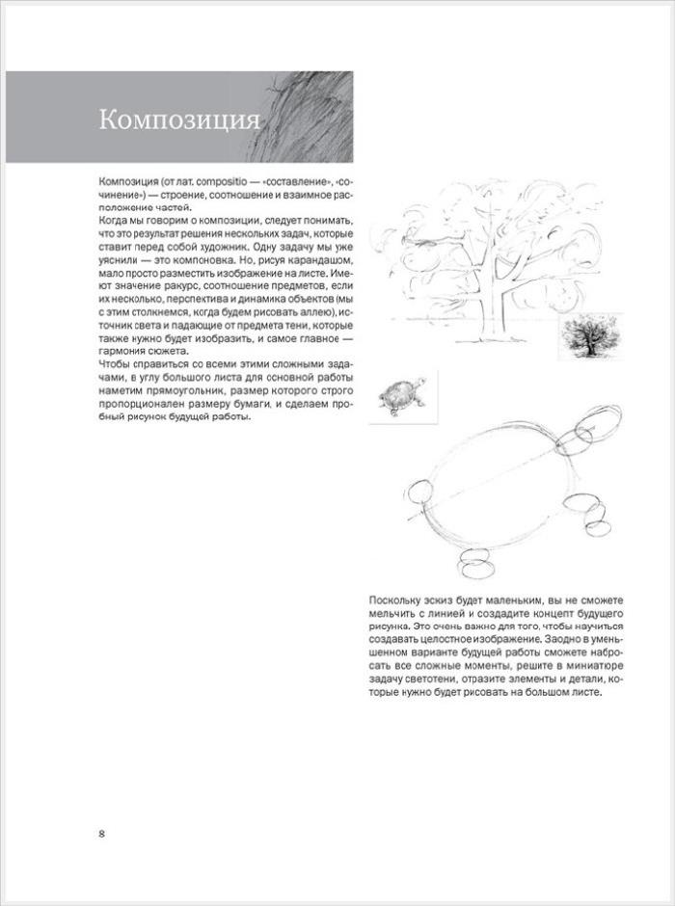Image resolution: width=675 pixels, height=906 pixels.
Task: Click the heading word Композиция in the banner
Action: click(x=179, y=120)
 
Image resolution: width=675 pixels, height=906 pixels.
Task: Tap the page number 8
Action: click(x=101, y=833)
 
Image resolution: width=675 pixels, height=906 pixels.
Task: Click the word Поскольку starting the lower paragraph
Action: click(x=395, y=600)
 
